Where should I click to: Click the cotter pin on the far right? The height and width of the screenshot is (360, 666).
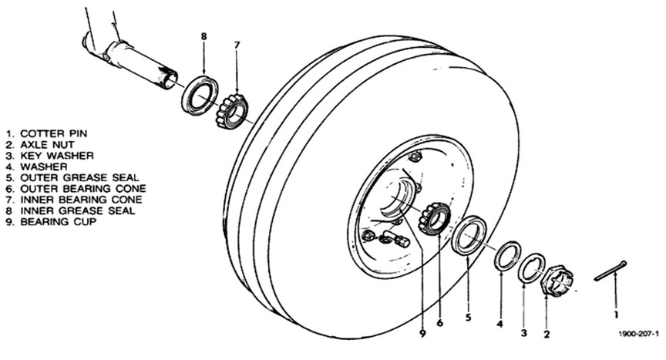tap(610, 271)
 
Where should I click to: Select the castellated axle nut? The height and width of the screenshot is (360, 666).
tap(557, 280)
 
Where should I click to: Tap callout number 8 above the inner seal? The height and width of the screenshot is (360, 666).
tap(203, 36)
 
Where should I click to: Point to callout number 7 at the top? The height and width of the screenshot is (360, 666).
tap(237, 45)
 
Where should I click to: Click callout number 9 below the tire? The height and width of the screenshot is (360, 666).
tap(422, 334)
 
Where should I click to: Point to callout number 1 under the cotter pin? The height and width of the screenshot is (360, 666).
tap(617, 315)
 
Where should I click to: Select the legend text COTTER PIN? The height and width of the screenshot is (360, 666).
tap(53, 133)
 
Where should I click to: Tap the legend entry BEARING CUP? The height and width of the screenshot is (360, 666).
tap(58, 221)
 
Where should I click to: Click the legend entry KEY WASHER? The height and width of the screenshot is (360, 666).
tap(57, 156)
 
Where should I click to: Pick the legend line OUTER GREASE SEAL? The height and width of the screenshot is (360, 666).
tap(79, 178)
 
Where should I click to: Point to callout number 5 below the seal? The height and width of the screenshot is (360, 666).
tap(468, 317)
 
